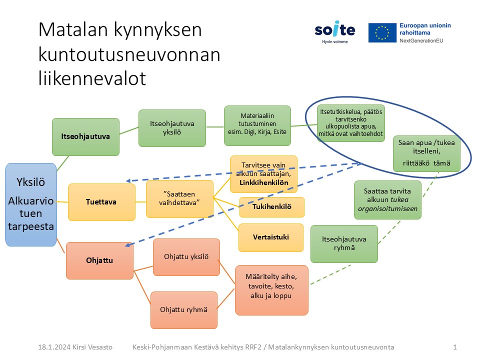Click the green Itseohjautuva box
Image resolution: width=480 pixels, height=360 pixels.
tap(85, 137)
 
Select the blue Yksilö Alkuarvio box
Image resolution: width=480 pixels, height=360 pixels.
tap(31, 204)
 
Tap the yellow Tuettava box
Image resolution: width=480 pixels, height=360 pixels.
tap(101, 202)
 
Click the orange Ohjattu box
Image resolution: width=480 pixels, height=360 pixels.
tap(100, 260)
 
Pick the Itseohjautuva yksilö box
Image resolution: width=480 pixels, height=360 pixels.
tap(172, 128)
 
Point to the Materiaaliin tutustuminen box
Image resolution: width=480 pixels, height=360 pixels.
tap(257, 125)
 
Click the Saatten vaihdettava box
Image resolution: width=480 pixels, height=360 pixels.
tap(179, 198)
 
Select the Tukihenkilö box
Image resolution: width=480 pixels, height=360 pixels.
tap(272, 207)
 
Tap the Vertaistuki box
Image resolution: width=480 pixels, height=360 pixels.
tap(271, 237)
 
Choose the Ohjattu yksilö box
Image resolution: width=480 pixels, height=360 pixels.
tap(186, 257)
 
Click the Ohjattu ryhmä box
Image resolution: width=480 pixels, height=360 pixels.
tap(184, 310)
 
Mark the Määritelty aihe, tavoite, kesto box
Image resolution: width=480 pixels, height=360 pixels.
tap(271, 290)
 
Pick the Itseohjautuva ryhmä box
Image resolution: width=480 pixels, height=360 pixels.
tap(344, 243)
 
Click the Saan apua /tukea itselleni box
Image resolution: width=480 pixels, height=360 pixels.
tap(426, 153)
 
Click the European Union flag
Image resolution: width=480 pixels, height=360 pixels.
tap(382, 32)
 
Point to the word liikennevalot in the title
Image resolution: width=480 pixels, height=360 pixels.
tap(92, 78)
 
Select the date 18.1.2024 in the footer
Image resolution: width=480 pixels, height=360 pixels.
tap(54, 347)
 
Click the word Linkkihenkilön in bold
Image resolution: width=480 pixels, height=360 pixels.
tap(264, 183)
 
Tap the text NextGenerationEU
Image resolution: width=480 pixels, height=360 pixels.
tap(421, 40)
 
